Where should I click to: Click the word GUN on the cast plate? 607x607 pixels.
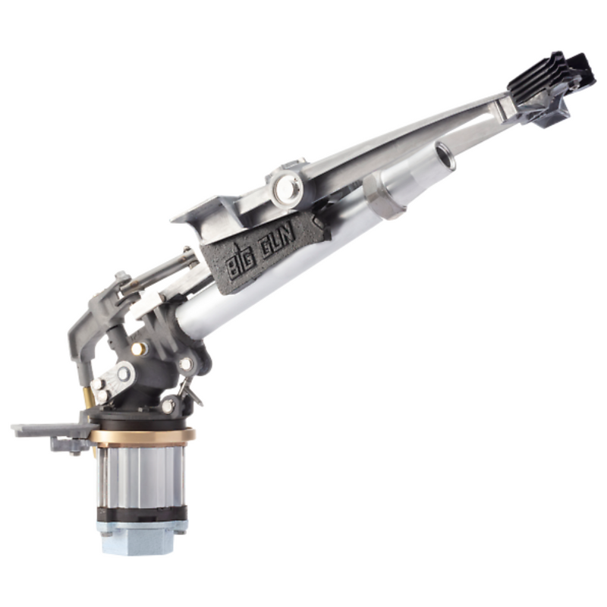(x=277, y=244)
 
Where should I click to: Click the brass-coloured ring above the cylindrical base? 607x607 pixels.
(x=141, y=436)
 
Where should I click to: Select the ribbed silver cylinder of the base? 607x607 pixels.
(x=141, y=476)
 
